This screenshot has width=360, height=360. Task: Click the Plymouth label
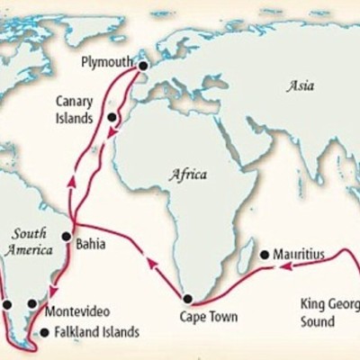106,62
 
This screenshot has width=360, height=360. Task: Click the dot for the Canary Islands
112,117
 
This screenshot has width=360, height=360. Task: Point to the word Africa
188,174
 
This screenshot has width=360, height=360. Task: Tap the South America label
28,241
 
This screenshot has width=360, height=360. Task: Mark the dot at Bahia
66,237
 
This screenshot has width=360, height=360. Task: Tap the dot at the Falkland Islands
45,332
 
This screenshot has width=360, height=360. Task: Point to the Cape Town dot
187,299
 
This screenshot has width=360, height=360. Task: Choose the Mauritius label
300,255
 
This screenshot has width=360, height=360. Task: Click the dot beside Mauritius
264,255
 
